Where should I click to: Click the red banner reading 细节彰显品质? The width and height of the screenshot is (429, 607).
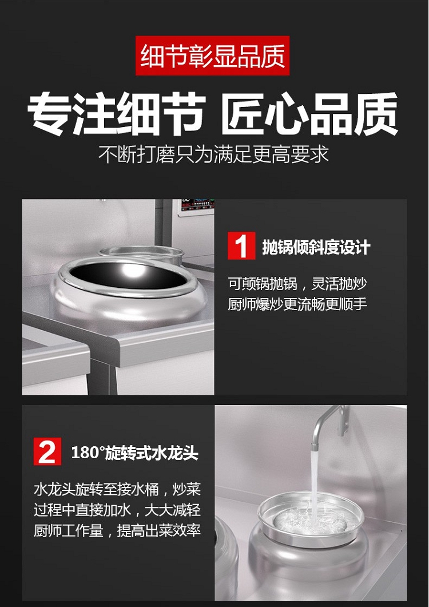tap(212, 55)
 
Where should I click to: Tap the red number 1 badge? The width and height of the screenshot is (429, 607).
tap(241, 246)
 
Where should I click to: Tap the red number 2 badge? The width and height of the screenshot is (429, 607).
tap(47, 451)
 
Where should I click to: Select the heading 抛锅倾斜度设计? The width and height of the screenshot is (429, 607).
tap(316, 247)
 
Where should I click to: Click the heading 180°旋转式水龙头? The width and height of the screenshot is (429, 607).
tap(135, 453)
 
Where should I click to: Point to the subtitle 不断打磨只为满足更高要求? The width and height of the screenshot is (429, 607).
tap(213, 154)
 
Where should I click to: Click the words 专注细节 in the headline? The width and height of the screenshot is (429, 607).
tap(116, 114)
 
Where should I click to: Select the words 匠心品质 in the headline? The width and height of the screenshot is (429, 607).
tap(310, 114)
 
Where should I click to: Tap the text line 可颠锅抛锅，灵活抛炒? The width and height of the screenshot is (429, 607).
tap(297, 284)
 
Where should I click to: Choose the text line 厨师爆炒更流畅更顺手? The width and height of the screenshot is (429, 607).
tap(297, 304)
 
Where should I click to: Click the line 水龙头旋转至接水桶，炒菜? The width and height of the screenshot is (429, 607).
tap(117, 489)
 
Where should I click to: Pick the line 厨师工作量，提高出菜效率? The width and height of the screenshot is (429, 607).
tap(117, 530)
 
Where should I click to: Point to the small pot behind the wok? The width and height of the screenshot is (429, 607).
tap(141, 253)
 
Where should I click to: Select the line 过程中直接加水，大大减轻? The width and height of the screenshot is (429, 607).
tap(117, 510)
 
